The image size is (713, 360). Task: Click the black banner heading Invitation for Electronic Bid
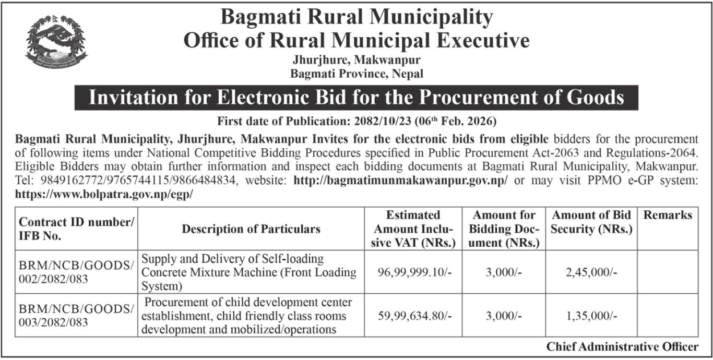[356, 98]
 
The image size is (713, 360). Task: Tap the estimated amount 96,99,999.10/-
[413, 272]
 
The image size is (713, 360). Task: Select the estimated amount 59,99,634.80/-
[413, 316]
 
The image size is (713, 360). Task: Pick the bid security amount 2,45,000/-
[591, 272]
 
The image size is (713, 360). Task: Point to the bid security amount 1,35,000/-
[591, 316]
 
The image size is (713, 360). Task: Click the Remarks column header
[668, 215]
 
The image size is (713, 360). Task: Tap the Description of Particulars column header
[251, 229]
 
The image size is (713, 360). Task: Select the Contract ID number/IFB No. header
[76, 229]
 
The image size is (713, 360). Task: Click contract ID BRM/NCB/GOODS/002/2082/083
[76, 272]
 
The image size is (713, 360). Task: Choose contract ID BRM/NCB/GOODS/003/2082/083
[76, 316]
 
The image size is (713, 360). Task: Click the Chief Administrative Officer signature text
[622, 346]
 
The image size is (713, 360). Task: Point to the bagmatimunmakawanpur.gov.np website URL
[401, 181]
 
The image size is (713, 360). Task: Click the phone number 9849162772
[56, 181]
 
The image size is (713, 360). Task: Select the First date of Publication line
[356, 122]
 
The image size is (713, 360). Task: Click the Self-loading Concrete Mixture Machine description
[249, 272]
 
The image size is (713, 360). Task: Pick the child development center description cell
[247, 316]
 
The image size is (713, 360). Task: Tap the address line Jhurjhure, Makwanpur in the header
[356, 61]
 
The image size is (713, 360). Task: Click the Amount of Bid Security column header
[591, 222]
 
